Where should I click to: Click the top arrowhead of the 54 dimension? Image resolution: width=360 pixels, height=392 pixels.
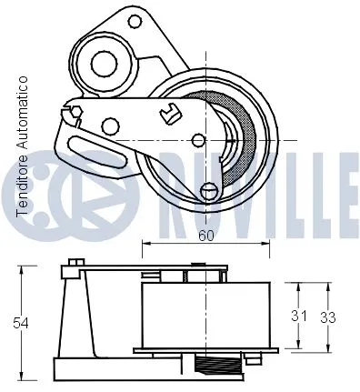click(19, 267)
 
